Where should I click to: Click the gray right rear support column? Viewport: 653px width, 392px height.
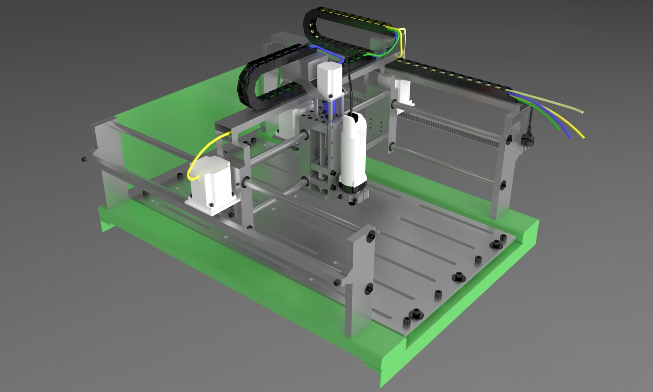pos(504,174)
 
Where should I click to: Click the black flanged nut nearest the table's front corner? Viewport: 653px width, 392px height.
pos(414,313)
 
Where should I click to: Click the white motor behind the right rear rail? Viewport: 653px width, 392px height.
pos(404,91)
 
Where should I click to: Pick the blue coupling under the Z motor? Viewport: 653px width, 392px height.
pos(333,107)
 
